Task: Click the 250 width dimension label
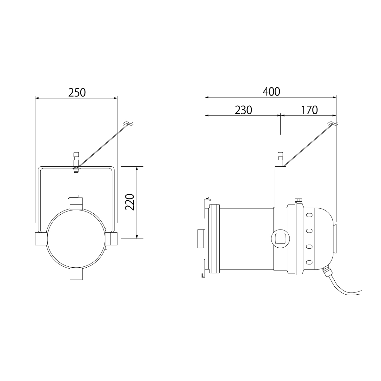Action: click(77, 92)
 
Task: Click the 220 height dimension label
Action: click(130, 202)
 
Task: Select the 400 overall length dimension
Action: click(271, 92)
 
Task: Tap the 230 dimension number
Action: click(244, 110)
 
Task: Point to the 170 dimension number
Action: click(310, 110)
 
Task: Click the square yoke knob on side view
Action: click(280, 239)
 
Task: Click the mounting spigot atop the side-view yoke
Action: click(280, 159)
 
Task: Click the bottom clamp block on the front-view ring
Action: click(76, 274)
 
